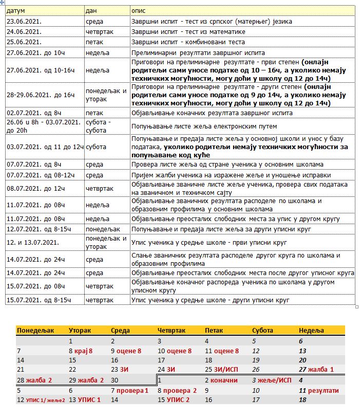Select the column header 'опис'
tap(138, 10)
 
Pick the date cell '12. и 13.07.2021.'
tap(33, 242)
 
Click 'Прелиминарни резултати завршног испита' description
tap(198, 52)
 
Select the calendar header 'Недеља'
tap(311, 331)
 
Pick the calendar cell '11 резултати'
tap(318, 391)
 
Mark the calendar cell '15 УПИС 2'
tap(175, 400)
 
